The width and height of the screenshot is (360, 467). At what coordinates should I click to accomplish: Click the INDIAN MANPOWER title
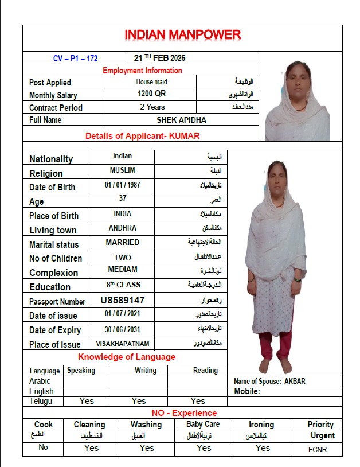click(x=182, y=35)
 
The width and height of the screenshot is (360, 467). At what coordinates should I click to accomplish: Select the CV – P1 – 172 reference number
click(x=75, y=58)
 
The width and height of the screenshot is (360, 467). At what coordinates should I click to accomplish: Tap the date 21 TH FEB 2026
click(x=159, y=58)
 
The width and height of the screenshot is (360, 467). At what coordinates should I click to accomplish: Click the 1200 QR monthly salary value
click(x=151, y=94)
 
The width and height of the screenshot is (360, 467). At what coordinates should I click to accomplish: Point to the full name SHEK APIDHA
click(x=181, y=120)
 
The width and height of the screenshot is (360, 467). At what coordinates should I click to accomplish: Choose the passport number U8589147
click(x=123, y=300)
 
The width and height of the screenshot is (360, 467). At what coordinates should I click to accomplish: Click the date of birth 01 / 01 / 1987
click(x=122, y=186)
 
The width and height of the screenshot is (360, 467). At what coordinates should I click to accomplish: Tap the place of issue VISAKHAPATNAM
click(x=122, y=344)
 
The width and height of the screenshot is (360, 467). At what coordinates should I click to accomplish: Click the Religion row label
click(x=46, y=173)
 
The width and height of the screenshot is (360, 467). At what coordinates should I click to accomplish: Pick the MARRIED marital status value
click(x=122, y=243)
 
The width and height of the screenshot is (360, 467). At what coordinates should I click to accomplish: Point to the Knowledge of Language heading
click(x=127, y=357)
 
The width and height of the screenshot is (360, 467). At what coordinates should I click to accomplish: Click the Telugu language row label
click(x=41, y=401)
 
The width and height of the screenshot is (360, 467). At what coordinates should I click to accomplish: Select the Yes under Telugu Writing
click(x=139, y=401)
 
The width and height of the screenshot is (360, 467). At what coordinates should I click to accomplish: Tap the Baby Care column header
click(x=203, y=424)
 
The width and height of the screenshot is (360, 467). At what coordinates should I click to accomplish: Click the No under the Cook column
click(x=43, y=447)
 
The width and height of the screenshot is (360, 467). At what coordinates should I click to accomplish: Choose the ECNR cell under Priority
click(x=318, y=450)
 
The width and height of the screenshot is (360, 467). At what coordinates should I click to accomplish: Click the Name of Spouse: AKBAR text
click(x=273, y=381)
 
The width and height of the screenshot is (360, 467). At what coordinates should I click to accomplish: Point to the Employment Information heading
click(x=142, y=71)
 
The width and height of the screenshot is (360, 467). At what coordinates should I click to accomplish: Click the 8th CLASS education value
click(x=123, y=285)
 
